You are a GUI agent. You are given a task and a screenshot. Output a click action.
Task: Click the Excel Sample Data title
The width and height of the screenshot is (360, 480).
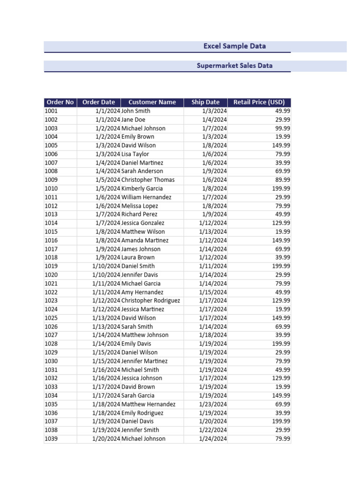[234, 46]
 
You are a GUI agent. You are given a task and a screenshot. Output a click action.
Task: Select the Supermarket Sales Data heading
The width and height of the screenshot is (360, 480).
[234, 66]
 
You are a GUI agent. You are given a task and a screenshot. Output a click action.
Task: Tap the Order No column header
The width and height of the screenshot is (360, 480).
[60, 102]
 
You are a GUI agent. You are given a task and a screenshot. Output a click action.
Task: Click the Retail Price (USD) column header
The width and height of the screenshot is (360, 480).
[259, 102]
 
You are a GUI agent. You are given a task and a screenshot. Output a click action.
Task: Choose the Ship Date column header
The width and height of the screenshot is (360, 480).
[205, 102]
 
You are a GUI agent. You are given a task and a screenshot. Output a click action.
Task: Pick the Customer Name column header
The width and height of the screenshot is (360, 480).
[152, 102]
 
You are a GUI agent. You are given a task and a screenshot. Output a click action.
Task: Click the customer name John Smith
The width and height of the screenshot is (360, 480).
[136, 111]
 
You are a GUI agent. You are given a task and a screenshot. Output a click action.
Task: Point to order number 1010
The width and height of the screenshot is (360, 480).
[51, 188]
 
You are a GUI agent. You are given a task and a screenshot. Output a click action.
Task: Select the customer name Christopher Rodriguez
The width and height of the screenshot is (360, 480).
[150, 300]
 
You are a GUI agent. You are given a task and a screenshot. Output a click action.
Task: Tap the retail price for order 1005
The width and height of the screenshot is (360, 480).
[281, 145]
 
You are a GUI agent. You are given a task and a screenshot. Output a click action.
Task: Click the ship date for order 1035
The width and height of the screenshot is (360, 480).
[213, 404]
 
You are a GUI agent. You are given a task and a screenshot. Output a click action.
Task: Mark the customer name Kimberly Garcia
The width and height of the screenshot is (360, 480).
[142, 188]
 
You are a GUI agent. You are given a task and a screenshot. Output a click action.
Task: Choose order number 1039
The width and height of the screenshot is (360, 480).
[51, 439]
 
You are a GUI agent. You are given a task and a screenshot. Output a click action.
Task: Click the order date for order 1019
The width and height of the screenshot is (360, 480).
[106, 266]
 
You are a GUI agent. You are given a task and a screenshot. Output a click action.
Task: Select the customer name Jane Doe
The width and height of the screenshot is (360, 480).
[133, 120]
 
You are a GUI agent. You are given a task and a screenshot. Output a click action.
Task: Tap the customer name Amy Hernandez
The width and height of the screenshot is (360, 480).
[142, 292]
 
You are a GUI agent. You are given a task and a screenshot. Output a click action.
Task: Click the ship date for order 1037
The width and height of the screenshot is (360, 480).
[213, 421]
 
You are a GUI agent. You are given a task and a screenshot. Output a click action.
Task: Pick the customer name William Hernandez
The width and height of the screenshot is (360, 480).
[146, 197]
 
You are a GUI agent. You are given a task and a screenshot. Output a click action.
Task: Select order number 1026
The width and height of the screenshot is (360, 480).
[51, 327]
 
